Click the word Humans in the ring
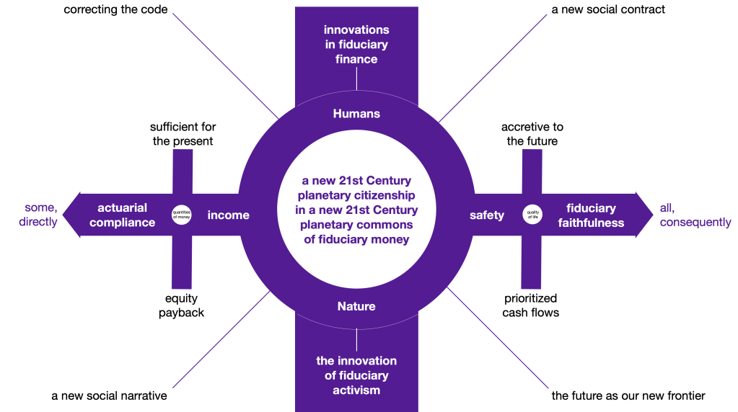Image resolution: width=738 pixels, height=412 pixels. (356, 114)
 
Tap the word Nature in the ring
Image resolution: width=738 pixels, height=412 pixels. (356, 306)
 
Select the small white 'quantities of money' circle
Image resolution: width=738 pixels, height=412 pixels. (181, 215)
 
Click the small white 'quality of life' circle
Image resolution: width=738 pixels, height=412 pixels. (532, 215)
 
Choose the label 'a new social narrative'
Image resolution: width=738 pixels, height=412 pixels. (109, 396)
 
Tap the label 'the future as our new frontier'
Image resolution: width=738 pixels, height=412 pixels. (628, 395)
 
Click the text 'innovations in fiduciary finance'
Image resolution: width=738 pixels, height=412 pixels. (356, 45)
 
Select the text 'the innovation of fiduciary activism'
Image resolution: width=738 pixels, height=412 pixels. (356, 375)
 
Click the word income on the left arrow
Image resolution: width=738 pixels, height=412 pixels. (229, 215)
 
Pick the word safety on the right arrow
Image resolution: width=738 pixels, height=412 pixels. (487, 215)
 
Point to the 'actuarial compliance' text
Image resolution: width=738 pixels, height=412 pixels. (123, 215)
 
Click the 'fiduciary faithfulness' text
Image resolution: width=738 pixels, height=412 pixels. (591, 215)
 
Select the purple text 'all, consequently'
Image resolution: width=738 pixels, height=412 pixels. (695, 215)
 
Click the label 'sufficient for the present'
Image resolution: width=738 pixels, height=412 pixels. (183, 134)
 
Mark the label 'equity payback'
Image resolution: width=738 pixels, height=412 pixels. (182, 305)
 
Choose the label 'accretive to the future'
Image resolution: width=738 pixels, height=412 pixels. (532, 134)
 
